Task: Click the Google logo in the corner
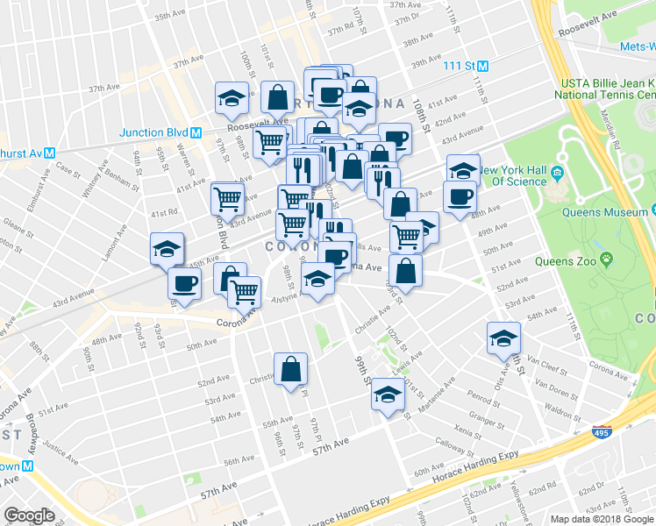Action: (29, 515)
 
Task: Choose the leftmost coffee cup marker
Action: (185, 282)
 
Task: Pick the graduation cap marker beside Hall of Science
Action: (463, 168)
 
